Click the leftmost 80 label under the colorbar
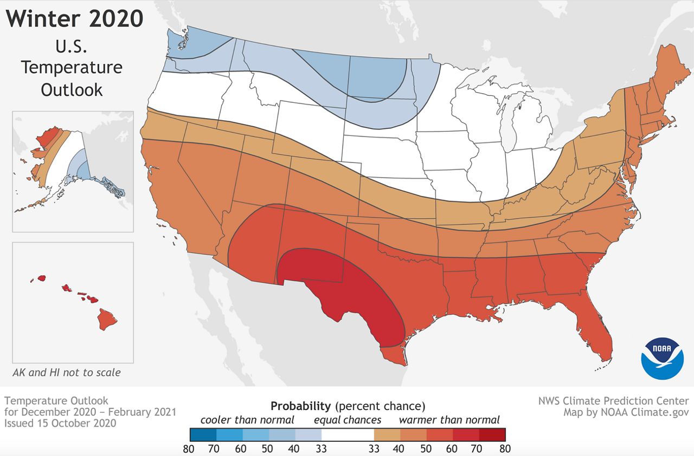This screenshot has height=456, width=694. pyautogui.click(x=190, y=448)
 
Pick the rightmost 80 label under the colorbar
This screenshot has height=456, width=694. pyautogui.click(x=505, y=448)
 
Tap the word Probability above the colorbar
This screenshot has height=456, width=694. pyautogui.click(x=300, y=406)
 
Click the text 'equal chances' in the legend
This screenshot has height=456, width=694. pyautogui.click(x=347, y=420)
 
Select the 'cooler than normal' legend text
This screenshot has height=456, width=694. pyautogui.click(x=247, y=420)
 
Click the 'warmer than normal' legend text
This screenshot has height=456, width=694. pyautogui.click(x=449, y=420)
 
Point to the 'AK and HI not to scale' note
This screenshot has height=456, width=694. pyautogui.click(x=67, y=373)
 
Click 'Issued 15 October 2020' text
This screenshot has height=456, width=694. pyautogui.click(x=60, y=424)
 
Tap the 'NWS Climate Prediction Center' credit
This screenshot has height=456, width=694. pyautogui.click(x=613, y=401)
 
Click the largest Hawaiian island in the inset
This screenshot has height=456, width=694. pyautogui.click(x=107, y=318)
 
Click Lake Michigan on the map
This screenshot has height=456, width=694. pyautogui.click(x=511, y=125)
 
